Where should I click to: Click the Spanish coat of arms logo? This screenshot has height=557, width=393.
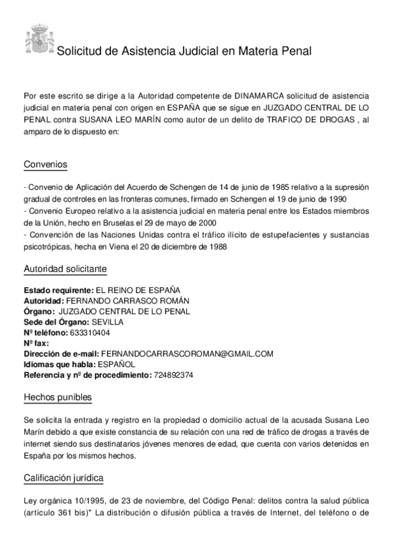38,39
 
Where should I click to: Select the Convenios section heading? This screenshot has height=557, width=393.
45,164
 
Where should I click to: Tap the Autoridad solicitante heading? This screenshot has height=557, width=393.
65,269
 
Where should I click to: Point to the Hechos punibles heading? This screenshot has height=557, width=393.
58,397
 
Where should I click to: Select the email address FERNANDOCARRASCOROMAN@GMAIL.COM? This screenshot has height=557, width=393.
187,353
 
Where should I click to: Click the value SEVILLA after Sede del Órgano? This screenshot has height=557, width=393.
107,322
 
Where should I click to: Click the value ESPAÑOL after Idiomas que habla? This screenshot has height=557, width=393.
116,364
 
